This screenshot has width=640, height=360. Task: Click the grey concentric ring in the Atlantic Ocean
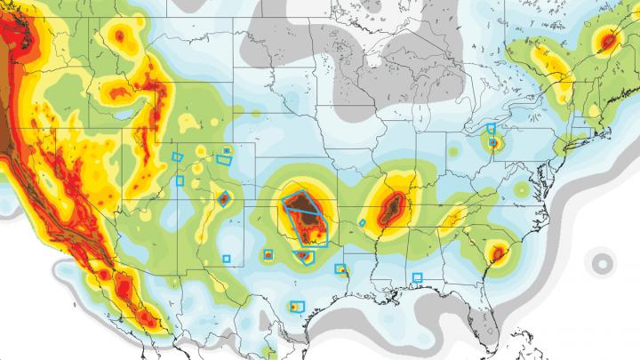[604, 262]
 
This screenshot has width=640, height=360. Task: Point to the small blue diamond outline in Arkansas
[363, 222]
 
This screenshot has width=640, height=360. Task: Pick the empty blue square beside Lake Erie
[491, 129]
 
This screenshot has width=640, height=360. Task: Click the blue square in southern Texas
[298, 306]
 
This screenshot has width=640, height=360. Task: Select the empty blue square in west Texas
[226, 259]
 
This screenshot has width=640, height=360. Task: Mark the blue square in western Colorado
[179, 180]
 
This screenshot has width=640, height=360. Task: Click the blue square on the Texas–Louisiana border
[340, 268]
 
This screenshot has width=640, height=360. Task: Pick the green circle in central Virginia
[520, 189]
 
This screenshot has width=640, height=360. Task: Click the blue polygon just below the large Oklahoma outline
[304, 256]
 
